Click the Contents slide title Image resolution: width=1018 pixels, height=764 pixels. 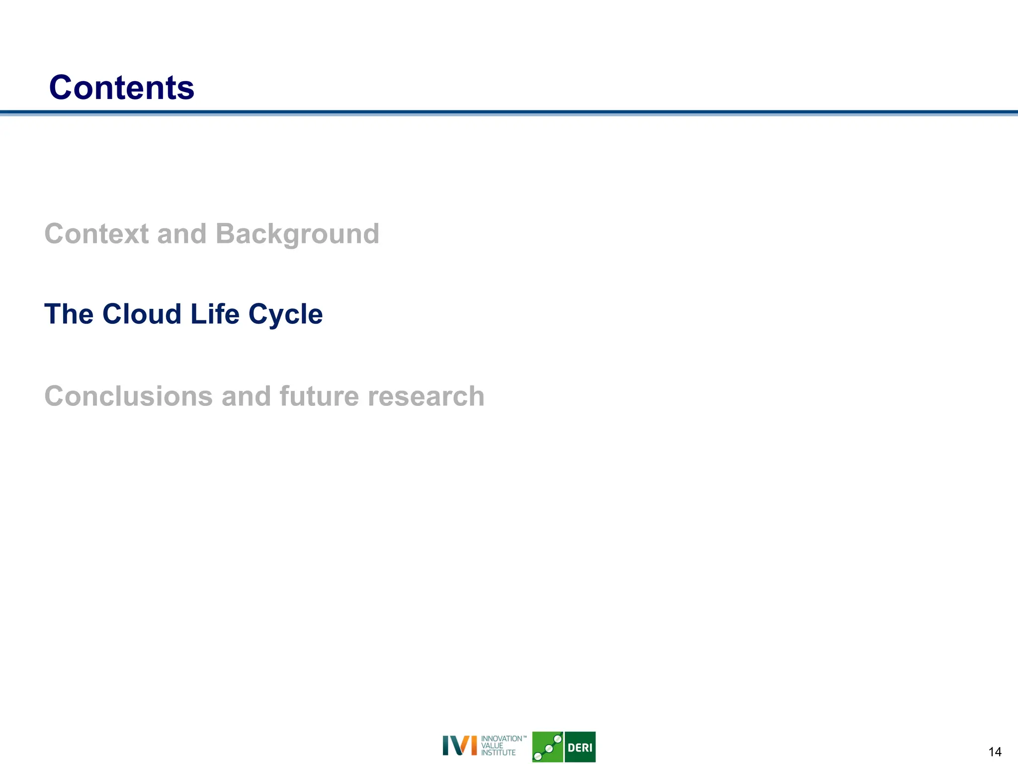[x=121, y=88]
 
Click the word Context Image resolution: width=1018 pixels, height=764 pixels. [x=96, y=234]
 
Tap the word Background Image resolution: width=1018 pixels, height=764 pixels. [x=297, y=235]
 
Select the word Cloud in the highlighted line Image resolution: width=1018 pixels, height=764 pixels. [x=142, y=314]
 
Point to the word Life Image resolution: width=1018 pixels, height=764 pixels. [x=215, y=314]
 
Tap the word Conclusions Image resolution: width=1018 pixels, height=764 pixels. [x=129, y=396]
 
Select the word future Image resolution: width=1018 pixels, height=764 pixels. [x=319, y=396]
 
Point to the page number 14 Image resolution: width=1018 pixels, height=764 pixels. [x=995, y=752]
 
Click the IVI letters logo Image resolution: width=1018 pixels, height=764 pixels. [x=459, y=745]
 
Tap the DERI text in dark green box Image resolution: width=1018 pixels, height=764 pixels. [x=580, y=748]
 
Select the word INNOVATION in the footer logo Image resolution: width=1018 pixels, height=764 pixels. [x=501, y=739]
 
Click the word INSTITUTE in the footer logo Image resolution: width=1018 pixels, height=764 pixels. [x=498, y=753]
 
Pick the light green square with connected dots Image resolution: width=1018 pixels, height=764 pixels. [x=547, y=747]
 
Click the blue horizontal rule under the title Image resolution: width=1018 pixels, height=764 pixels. [x=509, y=113]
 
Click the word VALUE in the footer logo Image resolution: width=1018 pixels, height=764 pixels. [x=492, y=746]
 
